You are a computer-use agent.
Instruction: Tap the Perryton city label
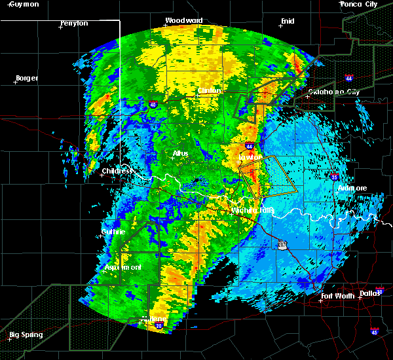(x=73, y=23)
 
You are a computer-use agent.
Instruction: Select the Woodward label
(x=183, y=20)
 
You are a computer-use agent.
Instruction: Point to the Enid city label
(x=288, y=21)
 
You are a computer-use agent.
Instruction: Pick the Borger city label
(x=26, y=78)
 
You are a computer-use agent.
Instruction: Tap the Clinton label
(x=210, y=90)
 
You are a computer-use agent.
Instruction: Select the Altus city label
(x=180, y=153)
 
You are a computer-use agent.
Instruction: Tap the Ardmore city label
(x=352, y=188)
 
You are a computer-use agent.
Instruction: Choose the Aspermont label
(x=123, y=268)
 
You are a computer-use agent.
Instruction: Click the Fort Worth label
(x=338, y=296)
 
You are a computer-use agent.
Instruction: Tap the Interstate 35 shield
(x=333, y=176)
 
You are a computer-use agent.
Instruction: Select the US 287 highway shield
(x=281, y=243)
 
